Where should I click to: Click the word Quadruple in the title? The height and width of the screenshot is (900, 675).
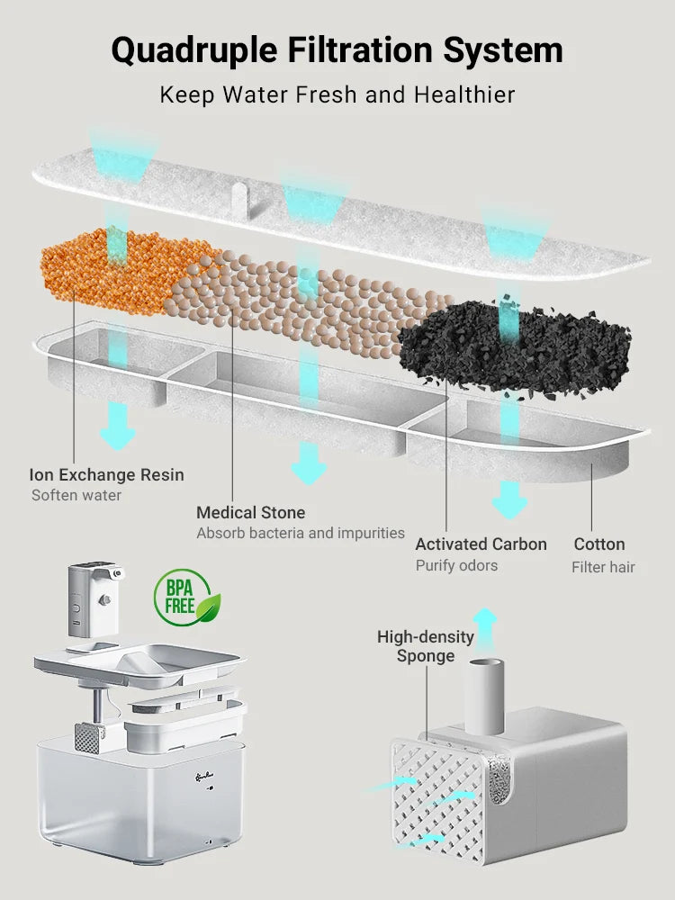[x=193, y=50]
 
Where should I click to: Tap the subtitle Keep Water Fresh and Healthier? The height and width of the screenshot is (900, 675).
[x=337, y=94]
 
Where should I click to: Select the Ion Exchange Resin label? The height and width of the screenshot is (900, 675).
[x=106, y=474]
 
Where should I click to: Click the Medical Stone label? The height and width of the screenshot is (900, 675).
[x=251, y=512]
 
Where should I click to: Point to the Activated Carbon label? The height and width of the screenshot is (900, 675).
[x=481, y=544]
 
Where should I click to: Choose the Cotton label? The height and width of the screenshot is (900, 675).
[x=599, y=544]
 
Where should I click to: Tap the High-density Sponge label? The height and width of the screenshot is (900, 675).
[x=425, y=646]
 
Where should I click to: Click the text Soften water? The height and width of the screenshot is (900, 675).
[x=76, y=495]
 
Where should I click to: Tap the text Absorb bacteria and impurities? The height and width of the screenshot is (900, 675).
[x=301, y=533]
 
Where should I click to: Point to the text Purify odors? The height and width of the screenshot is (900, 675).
[x=456, y=565]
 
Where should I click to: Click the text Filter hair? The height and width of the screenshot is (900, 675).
[x=603, y=567]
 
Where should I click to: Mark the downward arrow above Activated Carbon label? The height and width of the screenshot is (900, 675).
[x=509, y=497]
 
